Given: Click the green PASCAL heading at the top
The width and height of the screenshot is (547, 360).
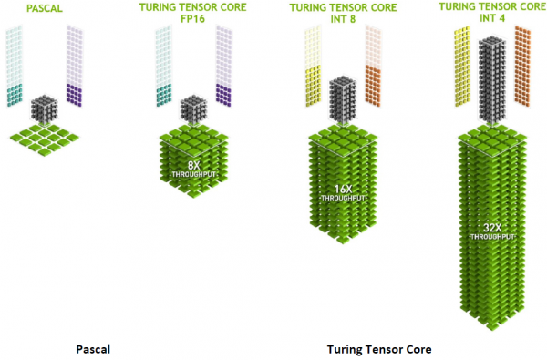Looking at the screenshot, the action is point(45,8).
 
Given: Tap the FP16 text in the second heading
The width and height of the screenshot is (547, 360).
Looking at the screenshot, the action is point(192,19).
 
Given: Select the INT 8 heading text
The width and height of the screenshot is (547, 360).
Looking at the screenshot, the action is point(343,19).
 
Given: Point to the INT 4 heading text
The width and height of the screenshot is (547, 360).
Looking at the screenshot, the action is point(492,18).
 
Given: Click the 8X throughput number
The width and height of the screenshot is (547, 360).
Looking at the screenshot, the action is point(193,165).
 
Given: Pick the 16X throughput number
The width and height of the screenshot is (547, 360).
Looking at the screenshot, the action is point(344,189).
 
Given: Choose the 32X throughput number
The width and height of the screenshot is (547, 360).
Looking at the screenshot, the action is point(492,228).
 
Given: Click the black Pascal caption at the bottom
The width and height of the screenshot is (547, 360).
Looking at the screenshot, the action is point(93,349).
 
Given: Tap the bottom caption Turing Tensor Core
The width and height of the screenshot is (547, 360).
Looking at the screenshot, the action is point(379,349).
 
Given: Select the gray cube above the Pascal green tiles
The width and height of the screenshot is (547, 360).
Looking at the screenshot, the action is point(45,109).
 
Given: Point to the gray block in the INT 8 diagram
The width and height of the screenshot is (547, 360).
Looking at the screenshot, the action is point(343,100).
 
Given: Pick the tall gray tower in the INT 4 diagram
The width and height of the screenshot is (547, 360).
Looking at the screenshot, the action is point(492,80).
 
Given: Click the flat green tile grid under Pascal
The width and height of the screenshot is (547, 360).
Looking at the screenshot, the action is point(45,139).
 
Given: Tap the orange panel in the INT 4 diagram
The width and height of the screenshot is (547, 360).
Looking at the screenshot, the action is point(522,67).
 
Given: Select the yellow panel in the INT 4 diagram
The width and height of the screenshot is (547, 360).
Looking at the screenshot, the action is point(462,67).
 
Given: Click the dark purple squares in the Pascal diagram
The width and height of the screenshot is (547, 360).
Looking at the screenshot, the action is point(74,95).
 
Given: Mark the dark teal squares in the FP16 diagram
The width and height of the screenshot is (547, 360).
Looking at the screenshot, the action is point(163,95).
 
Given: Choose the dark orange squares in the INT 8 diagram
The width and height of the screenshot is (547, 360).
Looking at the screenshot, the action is point(373,86).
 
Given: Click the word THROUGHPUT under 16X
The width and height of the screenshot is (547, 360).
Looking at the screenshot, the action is point(344,198).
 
